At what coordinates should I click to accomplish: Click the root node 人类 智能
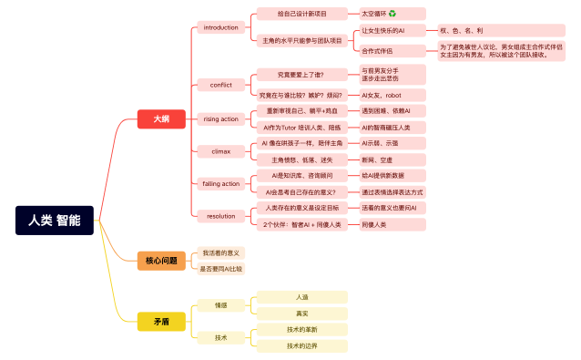pyautogui.click(x=54, y=220)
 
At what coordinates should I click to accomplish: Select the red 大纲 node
pyautogui.click(x=160, y=118)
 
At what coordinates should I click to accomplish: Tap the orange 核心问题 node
pyautogui.click(x=160, y=261)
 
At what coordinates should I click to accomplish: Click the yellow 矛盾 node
pyautogui.click(x=160, y=321)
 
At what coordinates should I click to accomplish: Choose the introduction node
pyautogui.click(x=220, y=27)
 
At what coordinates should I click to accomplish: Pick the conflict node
pyautogui.click(x=220, y=85)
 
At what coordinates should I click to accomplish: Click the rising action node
pyautogui.click(x=220, y=118)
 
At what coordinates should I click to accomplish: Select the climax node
pyautogui.click(x=220, y=150)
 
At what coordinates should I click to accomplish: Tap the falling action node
pyautogui.click(x=220, y=183)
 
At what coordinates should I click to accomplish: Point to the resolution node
pyautogui.click(x=220, y=216)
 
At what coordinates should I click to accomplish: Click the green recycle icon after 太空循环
pyautogui.click(x=392, y=14)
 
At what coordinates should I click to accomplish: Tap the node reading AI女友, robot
pyautogui.click(x=382, y=95)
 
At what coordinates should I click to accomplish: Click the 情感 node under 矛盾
pyautogui.click(x=220, y=304)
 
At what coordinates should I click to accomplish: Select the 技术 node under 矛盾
pyautogui.click(x=220, y=337)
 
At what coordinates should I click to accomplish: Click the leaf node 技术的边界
pyautogui.click(x=301, y=346)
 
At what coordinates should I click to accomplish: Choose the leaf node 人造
pyautogui.click(x=301, y=297)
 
